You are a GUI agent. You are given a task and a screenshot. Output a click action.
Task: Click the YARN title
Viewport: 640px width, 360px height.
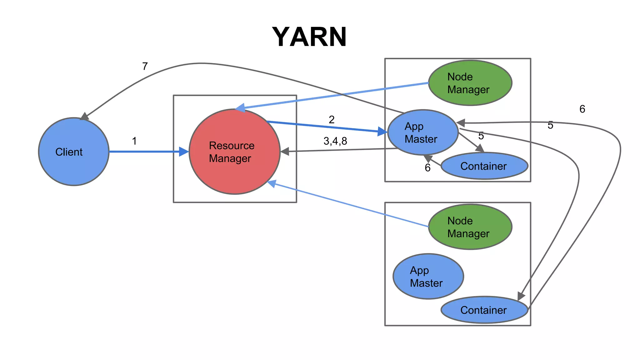pos(309,37)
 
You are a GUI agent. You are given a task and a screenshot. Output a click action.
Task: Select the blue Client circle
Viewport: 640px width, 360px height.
pos(74,152)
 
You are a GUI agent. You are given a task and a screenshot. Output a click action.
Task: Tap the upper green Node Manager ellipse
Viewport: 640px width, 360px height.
pos(470,83)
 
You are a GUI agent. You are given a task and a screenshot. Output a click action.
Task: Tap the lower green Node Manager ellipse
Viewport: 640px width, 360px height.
pos(470,227)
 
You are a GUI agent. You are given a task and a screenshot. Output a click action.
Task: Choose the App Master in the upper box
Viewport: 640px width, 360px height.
pos(422,132)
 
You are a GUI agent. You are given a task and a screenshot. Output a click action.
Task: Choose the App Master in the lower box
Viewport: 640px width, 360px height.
pos(428,277)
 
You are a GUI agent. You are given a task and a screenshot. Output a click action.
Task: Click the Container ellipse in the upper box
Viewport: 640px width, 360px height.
pos(484,166)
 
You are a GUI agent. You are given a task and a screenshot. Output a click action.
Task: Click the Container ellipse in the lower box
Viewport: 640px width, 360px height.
pos(484,310)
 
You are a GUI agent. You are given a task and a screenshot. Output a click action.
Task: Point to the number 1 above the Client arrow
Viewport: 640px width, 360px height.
pos(134,141)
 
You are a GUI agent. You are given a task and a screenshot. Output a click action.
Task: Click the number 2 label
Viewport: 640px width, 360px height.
pos(332,120)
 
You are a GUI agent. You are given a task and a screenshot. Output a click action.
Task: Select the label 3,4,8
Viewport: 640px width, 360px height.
pos(335,141)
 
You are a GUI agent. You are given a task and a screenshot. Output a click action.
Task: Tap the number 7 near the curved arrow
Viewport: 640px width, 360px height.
pos(145,66)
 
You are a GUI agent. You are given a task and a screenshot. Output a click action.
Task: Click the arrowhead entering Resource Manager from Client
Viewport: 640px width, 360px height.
pos(184,152)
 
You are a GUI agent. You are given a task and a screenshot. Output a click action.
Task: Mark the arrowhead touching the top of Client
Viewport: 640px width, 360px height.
pos(84,117)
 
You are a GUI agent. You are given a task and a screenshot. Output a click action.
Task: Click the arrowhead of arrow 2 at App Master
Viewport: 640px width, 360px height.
pos(382,132)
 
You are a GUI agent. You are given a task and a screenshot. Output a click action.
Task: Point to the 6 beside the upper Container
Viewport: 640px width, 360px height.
pos(427,168)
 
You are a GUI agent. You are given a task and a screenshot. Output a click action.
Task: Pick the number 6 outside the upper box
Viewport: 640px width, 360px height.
pos(582,109)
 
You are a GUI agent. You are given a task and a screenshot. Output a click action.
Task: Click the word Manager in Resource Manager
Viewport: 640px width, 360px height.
pos(230,158)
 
